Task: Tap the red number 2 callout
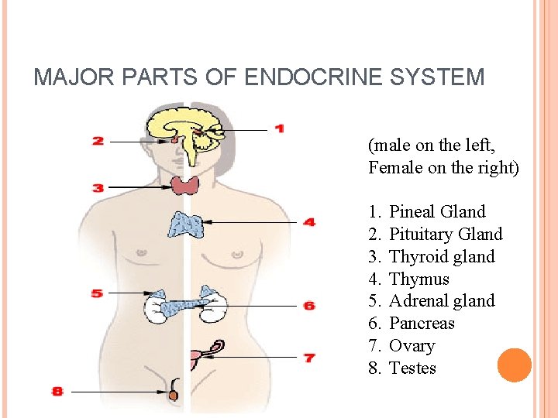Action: pyautogui.click(x=98, y=141)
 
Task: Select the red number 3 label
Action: pyautogui.click(x=98, y=187)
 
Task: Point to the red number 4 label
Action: pyautogui.click(x=309, y=222)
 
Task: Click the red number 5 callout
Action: pyautogui.click(x=97, y=293)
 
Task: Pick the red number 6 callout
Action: pyautogui.click(x=309, y=306)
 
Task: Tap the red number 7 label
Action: pyautogui.click(x=309, y=358)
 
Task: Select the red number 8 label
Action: pyautogui.click(x=57, y=392)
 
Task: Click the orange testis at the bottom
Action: pyautogui.click(x=174, y=395)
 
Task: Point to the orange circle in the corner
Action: pyautogui.click(x=514, y=365)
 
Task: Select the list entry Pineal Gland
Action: pyautogui.click(x=437, y=211)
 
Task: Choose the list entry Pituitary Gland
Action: pyautogui.click(x=446, y=234)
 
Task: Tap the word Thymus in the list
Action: pyautogui.click(x=418, y=279)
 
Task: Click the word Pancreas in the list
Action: pyautogui.click(x=422, y=323)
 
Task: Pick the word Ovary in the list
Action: pyautogui.click(x=412, y=345)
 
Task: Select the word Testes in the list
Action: pyautogui.click(x=412, y=368)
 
